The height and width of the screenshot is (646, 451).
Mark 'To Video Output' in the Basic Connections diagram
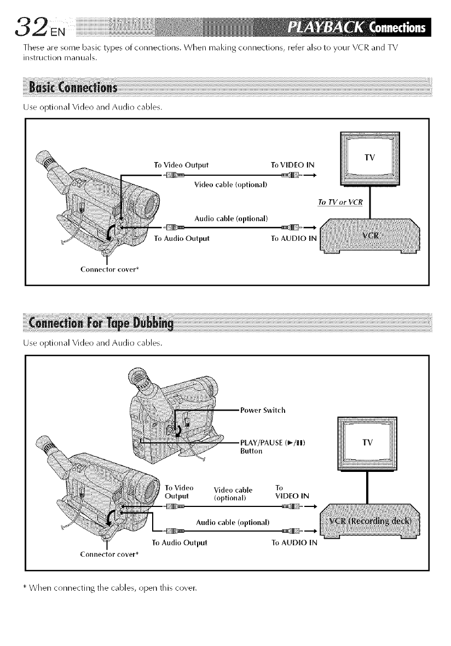tap(181, 164)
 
